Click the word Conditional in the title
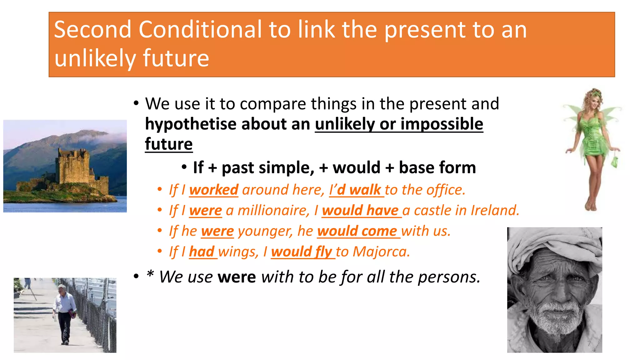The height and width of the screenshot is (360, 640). click(200, 30)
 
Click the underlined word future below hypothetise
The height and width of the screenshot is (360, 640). click(169, 144)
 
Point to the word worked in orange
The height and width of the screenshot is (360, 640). click(214, 190)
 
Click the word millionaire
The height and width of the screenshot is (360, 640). click(273, 210)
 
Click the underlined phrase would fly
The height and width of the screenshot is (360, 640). click(302, 252)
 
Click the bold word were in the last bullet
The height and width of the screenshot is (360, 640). click(237, 277)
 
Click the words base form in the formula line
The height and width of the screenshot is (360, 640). click(437, 168)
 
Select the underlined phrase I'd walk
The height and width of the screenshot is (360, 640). click(356, 190)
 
